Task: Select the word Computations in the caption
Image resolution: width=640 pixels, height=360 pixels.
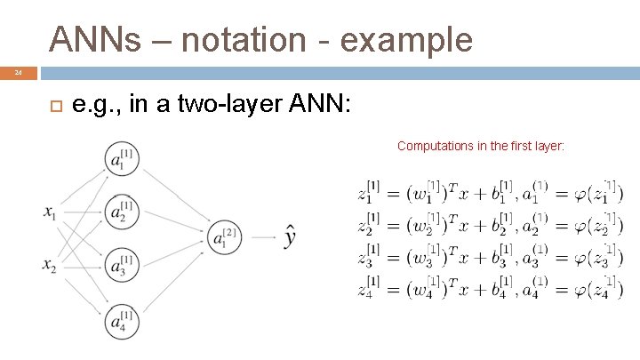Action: [x=436, y=145]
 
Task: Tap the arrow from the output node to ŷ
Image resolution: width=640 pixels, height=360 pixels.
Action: [x=263, y=237]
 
